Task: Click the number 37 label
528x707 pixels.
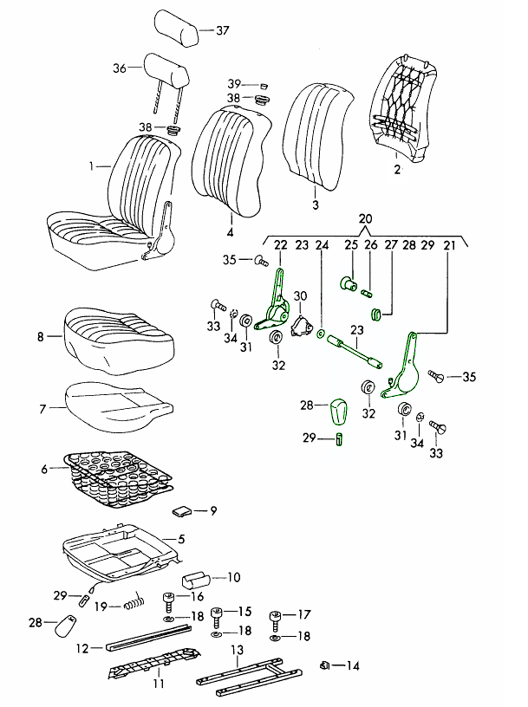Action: [x=223, y=30]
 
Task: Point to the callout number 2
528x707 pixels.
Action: [x=396, y=170]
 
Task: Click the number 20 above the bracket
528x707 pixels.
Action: [x=365, y=218]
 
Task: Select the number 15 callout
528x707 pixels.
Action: [x=244, y=611]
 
